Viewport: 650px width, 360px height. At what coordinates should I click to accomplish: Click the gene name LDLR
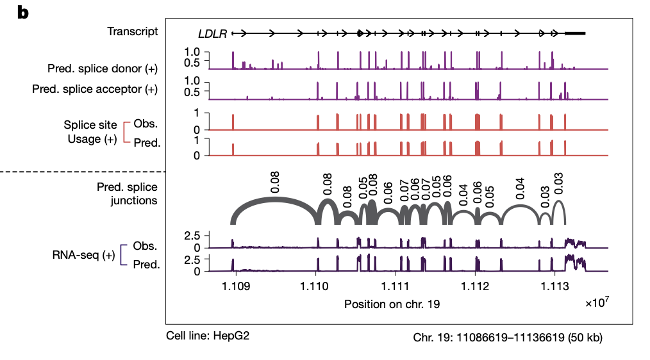pyautogui.click(x=213, y=33)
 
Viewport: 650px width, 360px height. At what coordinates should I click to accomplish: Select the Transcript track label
pyautogui.click(x=132, y=31)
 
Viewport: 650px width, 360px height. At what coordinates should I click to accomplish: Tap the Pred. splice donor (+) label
pyautogui.click(x=102, y=67)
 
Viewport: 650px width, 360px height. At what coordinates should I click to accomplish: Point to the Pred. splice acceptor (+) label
pyautogui.click(x=94, y=89)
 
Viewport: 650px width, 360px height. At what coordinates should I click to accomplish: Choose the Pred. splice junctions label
pyautogui.click(x=127, y=193)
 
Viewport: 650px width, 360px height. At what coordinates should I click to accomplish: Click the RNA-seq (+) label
pyautogui.click(x=83, y=256)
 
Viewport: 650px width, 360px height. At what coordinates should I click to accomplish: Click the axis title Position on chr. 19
pyautogui.click(x=392, y=304)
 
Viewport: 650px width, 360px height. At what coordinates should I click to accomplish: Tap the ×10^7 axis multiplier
pyautogui.click(x=596, y=302)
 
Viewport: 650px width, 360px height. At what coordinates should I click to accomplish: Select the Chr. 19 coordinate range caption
pyautogui.click(x=508, y=336)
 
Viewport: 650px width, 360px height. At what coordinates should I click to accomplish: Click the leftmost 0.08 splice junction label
pyautogui.click(x=275, y=181)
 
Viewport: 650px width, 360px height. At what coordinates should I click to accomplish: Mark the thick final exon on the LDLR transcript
pyautogui.click(x=574, y=33)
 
